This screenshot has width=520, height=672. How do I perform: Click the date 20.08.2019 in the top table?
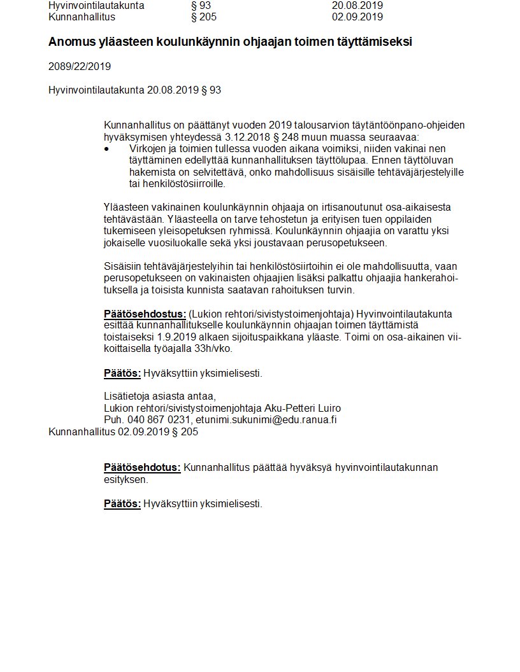point(357,6)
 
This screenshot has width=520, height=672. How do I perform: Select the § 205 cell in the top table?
point(204,17)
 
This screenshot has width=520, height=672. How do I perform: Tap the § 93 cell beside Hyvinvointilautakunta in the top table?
point(201,6)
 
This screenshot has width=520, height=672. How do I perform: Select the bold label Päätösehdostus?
point(145,314)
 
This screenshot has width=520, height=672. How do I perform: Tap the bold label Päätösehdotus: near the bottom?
point(142,468)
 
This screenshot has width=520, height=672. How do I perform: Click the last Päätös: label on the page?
point(122,503)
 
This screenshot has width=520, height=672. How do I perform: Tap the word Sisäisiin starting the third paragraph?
point(124,267)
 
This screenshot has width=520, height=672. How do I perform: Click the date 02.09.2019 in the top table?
point(357,17)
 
